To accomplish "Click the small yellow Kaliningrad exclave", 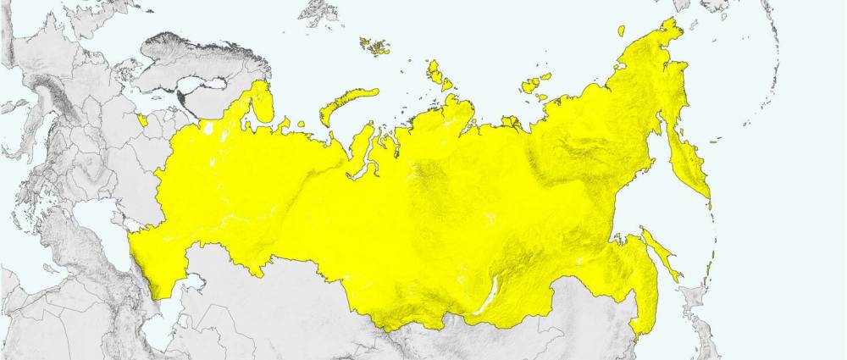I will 142,119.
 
